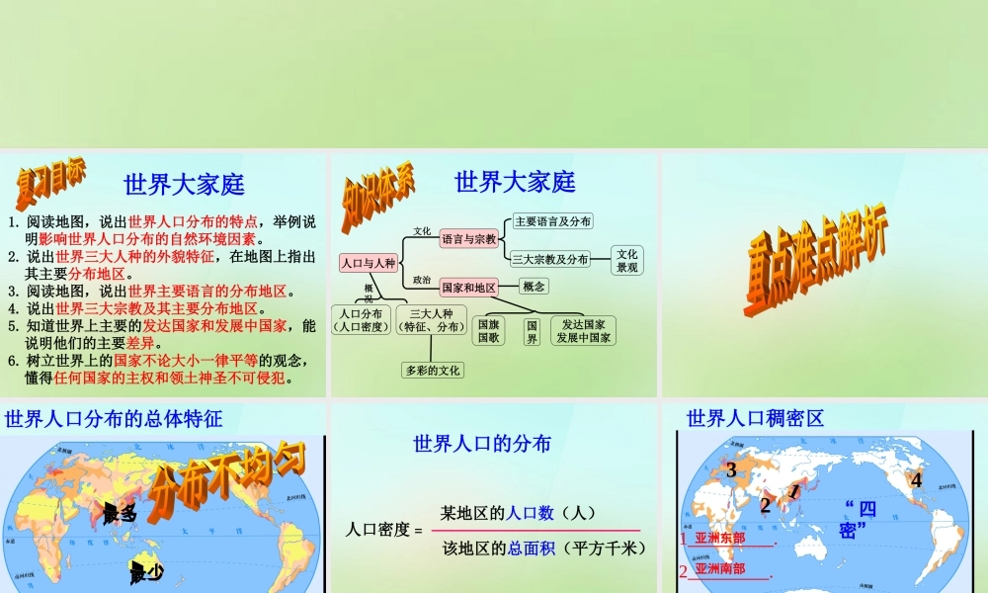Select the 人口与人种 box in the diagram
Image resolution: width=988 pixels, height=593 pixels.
[x=368, y=263]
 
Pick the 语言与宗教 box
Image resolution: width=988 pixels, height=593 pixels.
[x=468, y=238]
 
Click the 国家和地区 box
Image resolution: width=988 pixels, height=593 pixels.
[x=468, y=287]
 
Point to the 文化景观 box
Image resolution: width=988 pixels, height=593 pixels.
[x=627, y=260]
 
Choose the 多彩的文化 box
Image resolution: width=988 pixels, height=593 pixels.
[x=433, y=371]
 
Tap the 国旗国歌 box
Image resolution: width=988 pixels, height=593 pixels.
[x=489, y=330]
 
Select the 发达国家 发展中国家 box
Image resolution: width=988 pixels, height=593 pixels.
[x=583, y=330]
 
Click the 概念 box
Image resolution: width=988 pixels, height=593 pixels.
[x=534, y=286]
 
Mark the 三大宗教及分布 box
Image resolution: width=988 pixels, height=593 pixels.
[x=550, y=259]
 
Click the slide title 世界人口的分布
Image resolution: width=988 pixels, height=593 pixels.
[x=482, y=444]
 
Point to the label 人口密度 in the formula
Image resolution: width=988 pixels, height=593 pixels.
[x=376, y=530]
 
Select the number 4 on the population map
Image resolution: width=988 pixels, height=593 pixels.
[x=916, y=480]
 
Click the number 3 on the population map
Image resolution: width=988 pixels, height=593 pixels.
[x=731, y=470]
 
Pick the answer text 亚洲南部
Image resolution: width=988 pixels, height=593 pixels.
[x=720, y=568]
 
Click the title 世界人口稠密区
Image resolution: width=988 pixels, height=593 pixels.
[x=755, y=418]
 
